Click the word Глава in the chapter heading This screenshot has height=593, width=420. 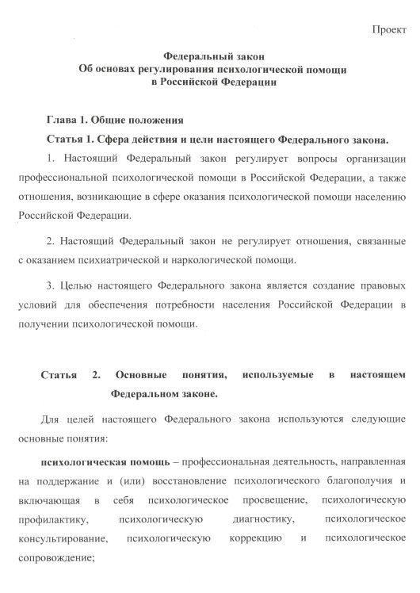coord(63,121)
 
